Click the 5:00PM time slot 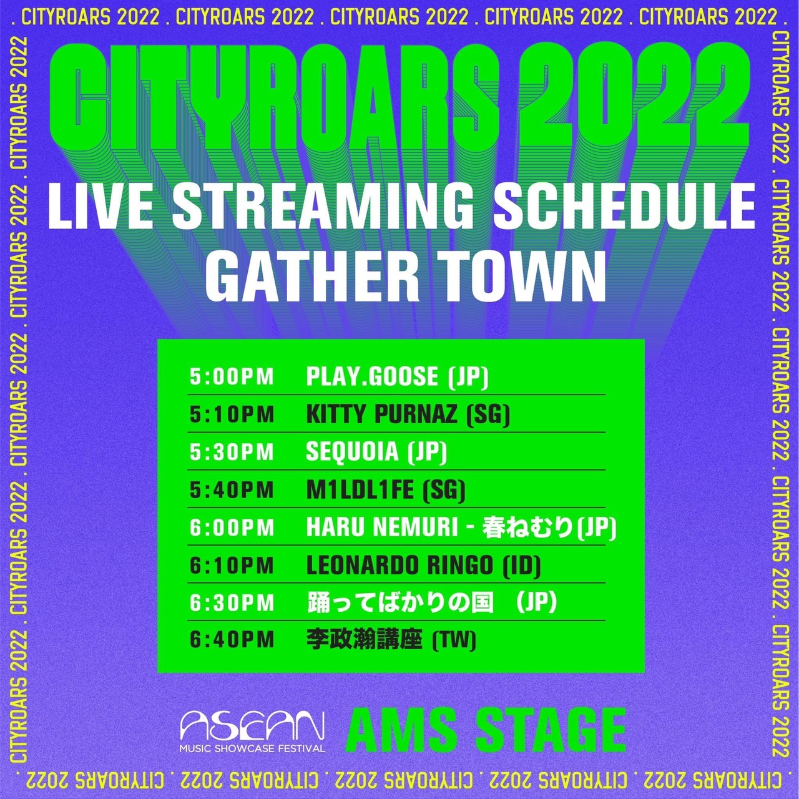pos(232,377)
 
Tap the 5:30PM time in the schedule pos(232,453)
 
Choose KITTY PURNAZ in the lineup pos(381,414)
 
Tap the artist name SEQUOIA pos(352,453)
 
